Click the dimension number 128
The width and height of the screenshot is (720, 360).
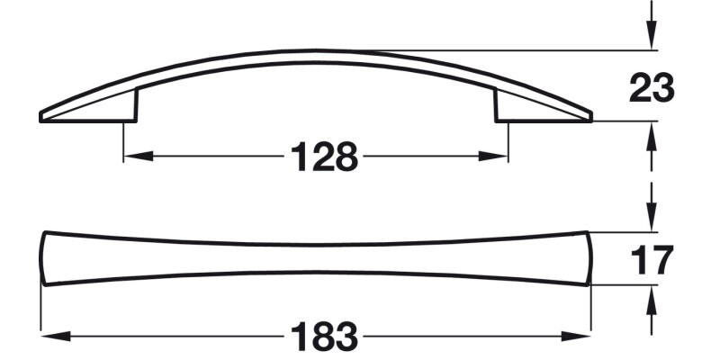click(x=324, y=158)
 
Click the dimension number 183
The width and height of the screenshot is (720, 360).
click(x=324, y=337)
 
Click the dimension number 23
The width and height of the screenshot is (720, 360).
click(x=651, y=88)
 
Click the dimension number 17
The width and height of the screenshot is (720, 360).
click(x=651, y=260)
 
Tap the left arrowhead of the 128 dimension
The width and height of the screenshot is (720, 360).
click(x=131, y=157)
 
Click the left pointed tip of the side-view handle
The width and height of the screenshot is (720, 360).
click(x=43, y=117)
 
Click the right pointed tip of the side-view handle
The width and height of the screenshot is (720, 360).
click(x=590, y=117)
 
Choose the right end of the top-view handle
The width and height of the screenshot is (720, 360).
click(x=589, y=258)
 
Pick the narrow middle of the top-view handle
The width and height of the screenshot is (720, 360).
click(x=317, y=258)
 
